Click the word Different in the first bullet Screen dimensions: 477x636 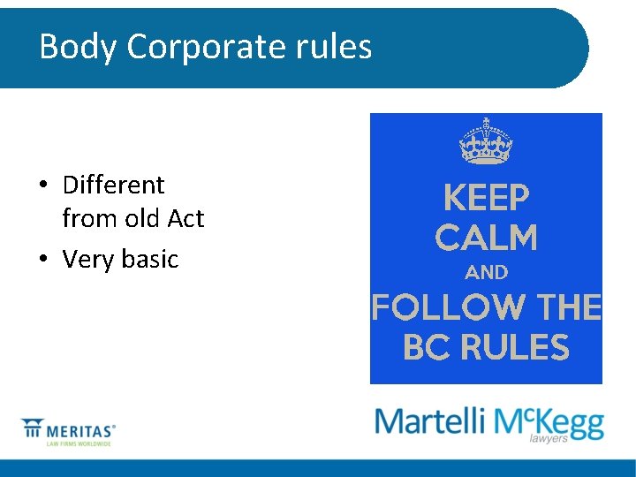[x=113, y=185]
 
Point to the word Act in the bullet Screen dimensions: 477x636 [x=185, y=218]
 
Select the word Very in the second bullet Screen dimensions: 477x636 [x=86, y=259]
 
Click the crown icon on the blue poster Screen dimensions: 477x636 [x=486, y=141]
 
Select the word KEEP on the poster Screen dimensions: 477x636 [x=486, y=199]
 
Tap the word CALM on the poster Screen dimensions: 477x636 [x=486, y=238]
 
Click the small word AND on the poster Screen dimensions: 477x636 [x=486, y=273]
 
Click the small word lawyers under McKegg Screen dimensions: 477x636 [x=549, y=439]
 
